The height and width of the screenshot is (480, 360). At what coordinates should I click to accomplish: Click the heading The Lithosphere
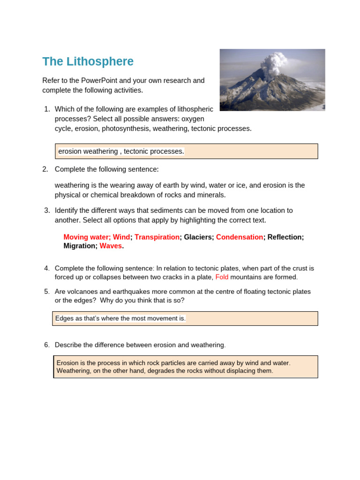[x=88, y=61]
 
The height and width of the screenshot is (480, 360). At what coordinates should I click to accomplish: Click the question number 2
[x=45, y=169]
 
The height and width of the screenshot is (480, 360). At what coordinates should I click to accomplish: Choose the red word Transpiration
[x=157, y=237]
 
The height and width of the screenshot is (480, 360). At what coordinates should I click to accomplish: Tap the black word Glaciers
[x=198, y=237]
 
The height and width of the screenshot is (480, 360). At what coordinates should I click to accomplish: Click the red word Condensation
[x=239, y=237]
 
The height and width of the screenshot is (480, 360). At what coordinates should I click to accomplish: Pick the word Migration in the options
[x=80, y=246]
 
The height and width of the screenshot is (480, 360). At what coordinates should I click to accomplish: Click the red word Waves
[x=111, y=246]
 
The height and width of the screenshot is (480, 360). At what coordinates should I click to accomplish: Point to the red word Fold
[x=222, y=277]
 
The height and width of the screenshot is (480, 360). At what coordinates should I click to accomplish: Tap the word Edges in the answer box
[x=64, y=318]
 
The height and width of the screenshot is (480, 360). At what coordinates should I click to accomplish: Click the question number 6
[x=46, y=345]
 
